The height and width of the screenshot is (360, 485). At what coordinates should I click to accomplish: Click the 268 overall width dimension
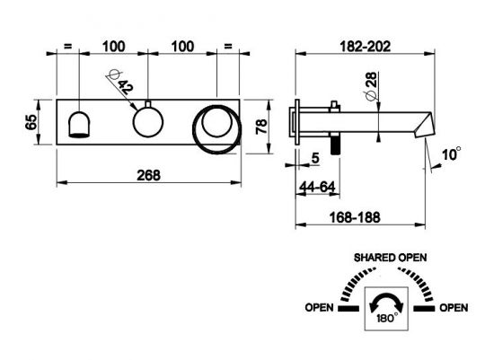(x=148, y=175)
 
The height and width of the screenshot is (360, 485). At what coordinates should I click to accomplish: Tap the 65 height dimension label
(x=31, y=122)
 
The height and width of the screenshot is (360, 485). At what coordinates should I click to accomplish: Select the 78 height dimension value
(x=261, y=127)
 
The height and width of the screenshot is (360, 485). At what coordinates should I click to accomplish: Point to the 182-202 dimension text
(x=365, y=47)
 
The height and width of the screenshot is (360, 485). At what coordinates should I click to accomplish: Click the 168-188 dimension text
(x=355, y=217)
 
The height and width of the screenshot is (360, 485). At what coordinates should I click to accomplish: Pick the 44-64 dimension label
(x=317, y=187)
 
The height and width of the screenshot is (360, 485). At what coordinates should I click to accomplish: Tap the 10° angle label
(x=451, y=154)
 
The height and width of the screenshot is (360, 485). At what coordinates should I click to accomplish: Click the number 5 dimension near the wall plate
(x=315, y=158)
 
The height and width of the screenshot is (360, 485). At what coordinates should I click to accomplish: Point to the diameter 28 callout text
(x=371, y=86)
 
